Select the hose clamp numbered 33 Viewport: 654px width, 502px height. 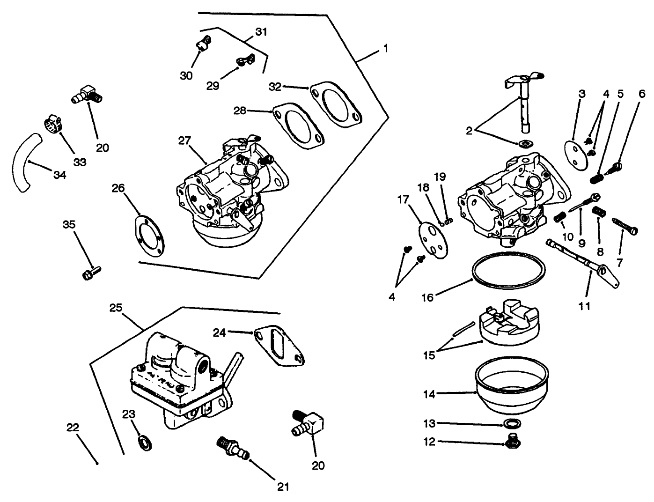click(x=53, y=125)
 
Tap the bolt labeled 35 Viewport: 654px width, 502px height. click(x=91, y=273)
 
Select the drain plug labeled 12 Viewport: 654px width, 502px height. click(x=514, y=440)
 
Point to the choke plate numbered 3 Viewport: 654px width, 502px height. click(x=575, y=149)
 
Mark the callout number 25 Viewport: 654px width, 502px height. click(x=116, y=308)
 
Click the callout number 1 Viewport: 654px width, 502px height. click(x=385, y=49)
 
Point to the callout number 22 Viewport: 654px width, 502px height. click(x=72, y=428)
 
